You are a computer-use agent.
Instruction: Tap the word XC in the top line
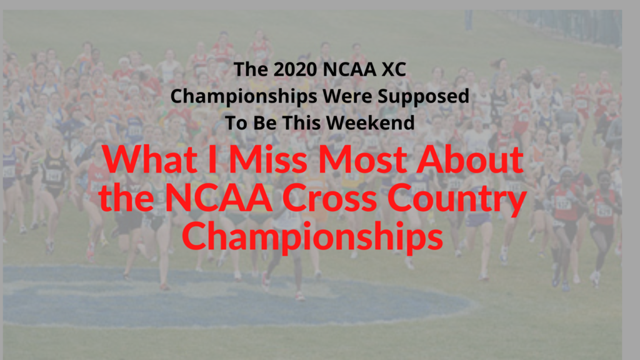point(394,69)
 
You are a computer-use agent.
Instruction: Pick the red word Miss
point(267,159)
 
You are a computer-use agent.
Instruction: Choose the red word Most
point(362,159)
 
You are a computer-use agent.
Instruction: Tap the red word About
point(470,159)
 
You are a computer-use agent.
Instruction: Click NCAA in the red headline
point(219,197)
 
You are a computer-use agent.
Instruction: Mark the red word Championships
point(312,237)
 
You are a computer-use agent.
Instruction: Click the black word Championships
point(244,97)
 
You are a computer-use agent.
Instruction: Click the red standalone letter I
point(212,159)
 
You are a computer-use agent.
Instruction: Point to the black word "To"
point(236,123)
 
